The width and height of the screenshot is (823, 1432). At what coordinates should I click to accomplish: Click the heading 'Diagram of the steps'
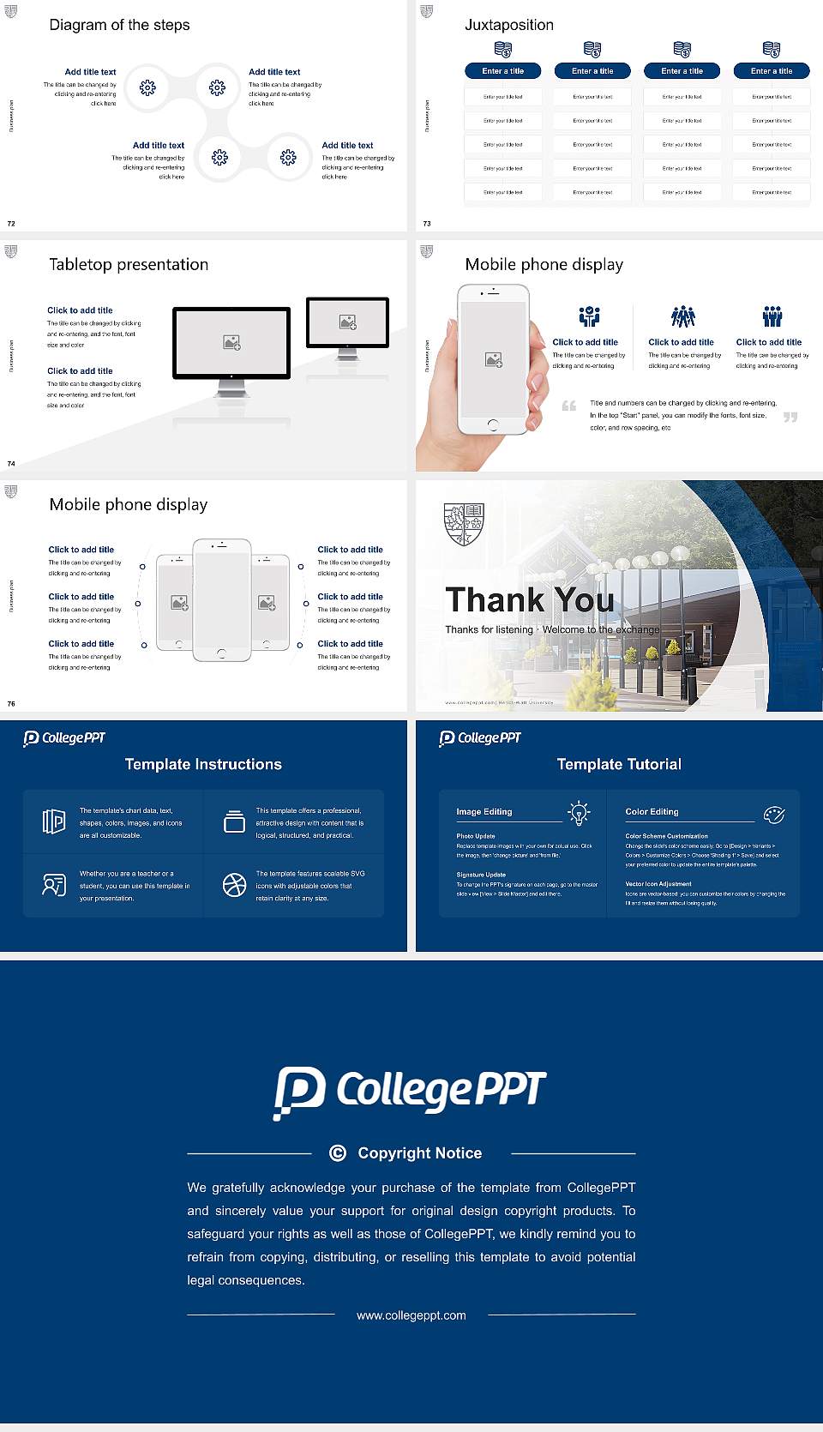click(x=119, y=25)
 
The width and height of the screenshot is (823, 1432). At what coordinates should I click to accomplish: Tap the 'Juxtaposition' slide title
click(x=508, y=25)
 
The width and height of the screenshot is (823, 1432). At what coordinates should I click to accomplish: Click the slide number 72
click(x=11, y=223)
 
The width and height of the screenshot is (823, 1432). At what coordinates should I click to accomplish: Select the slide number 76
click(x=11, y=703)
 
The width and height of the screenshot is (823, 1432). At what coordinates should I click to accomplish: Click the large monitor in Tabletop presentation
click(x=231, y=343)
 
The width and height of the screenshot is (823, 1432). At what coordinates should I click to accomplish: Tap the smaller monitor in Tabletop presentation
click(x=347, y=322)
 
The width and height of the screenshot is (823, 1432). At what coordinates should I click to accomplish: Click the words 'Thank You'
click(x=529, y=600)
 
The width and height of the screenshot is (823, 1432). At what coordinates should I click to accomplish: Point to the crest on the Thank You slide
click(x=464, y=524)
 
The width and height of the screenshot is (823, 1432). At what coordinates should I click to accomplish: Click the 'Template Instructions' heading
click(x=203, y=764)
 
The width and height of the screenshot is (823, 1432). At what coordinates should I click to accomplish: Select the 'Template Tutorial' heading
click(x=619, y=764)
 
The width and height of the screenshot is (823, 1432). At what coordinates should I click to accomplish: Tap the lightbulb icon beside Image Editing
click(x=579, y=813)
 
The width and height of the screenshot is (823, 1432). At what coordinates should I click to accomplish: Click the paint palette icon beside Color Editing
click(x=774, y=814)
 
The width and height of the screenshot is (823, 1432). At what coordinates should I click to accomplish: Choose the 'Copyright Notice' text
click(x=419, y=1153)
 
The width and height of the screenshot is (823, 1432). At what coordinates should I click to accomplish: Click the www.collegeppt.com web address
click(x=411, y=1315)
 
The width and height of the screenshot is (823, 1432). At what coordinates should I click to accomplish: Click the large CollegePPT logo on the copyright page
click(x=410, y=1092)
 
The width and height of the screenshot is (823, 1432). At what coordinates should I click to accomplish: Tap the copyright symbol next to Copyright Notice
click(x=338, y=1153)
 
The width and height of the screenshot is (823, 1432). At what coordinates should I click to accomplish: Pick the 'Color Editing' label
click(x=652, y=811)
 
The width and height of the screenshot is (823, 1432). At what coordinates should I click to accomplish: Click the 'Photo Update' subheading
click(x=475, y=836)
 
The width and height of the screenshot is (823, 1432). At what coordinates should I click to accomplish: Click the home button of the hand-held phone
click(x=492, y=424)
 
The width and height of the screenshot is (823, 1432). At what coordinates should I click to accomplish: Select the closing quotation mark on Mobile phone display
click(x=790, y=417)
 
